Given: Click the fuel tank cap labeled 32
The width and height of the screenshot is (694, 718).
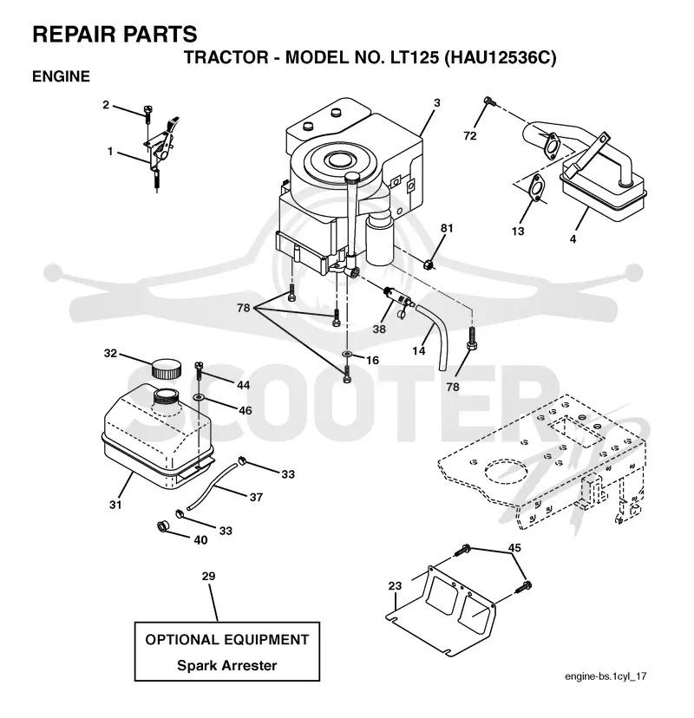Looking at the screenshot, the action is click(166, 369).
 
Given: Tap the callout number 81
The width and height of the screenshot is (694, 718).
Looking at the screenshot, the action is click(447, 227).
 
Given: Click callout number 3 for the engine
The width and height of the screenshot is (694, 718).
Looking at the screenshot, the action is click(437, 103).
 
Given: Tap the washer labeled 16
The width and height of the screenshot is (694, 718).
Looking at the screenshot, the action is click(347, 354).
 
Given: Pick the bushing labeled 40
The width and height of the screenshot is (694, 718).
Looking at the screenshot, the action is click(162, 526).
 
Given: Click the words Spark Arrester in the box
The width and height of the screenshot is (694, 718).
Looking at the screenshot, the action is click(226, 665).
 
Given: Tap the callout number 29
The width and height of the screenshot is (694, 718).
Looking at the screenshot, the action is click(208, 576).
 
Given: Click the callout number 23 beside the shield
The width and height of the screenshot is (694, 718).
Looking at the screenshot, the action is click(395, 585).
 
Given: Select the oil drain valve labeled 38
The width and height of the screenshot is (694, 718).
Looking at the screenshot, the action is click(397, 298).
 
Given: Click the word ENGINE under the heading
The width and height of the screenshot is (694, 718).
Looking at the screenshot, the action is click(61, 76).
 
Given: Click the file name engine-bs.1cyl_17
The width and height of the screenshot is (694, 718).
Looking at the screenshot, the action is click(606, 676).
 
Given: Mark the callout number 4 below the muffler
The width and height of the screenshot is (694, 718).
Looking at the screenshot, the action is click(573, 238).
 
